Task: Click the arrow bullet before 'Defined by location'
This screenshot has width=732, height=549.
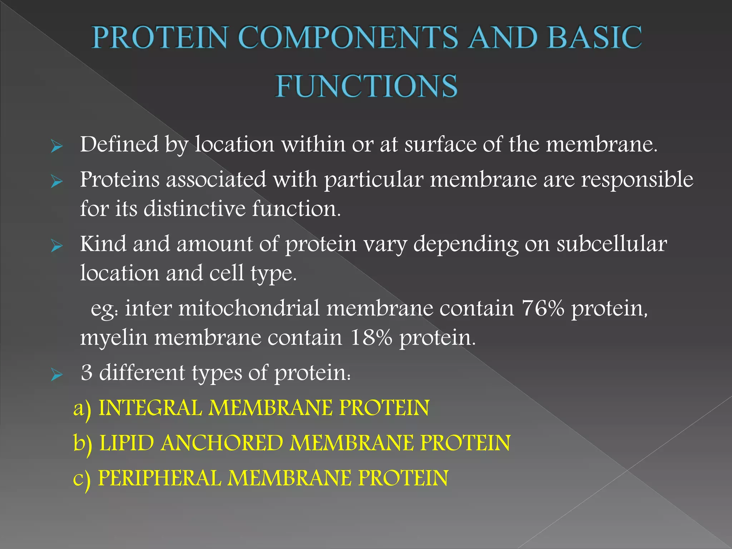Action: tap(57, 147)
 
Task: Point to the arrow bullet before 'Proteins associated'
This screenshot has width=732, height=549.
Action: tap(57, 182)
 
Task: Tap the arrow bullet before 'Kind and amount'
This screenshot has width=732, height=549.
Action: tap(57, 246)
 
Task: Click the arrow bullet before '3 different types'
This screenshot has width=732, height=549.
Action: tap(57, 375)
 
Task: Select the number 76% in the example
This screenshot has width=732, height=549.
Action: tap(543, 308)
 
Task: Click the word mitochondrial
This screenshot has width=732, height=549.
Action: tap(249, 308)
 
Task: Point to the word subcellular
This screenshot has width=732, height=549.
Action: tap(612, 244)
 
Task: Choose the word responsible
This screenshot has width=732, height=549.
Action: tap(637, 180)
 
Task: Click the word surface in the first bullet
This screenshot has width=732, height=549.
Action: tap(440, 144)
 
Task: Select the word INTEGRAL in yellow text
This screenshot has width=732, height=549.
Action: tap(150, 408)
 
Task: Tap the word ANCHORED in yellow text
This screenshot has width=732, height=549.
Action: tap(222, 443)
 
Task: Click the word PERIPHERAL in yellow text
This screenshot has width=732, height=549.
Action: tap(159, 478)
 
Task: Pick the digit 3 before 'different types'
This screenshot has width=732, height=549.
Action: tap(86, 373)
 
